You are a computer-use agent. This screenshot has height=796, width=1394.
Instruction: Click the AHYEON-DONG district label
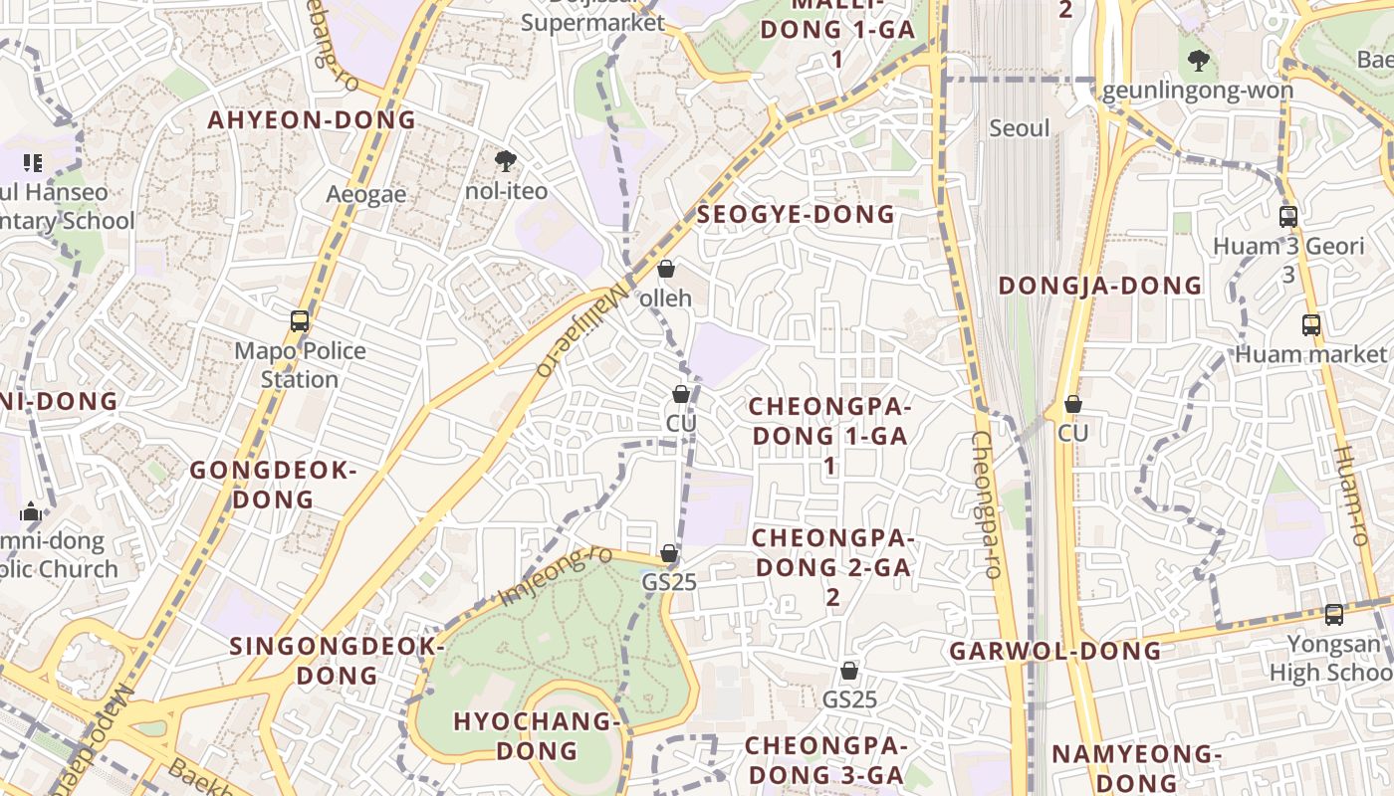[312, 120]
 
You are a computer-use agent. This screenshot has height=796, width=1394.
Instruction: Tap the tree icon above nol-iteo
[506, 160]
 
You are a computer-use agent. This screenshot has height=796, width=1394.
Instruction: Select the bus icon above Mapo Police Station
[300, 321]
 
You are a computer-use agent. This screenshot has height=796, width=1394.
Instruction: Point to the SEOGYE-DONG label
[796, 215]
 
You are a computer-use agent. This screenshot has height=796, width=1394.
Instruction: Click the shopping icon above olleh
[666, 269]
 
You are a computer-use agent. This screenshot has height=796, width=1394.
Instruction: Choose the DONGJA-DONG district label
[1100, 286]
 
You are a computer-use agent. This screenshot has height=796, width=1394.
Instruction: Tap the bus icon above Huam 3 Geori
[1288, 216]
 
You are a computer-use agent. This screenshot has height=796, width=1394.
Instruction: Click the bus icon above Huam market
[1311, 324]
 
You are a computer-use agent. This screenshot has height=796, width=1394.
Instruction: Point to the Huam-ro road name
[1350, 496]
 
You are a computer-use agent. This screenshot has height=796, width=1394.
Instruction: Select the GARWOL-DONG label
[1055, 652]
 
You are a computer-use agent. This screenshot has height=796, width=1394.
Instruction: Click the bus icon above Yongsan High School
[1334, 615]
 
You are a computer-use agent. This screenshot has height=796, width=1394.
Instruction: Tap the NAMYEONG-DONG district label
[1136, 768]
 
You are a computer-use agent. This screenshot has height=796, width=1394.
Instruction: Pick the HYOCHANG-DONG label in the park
[538, 735]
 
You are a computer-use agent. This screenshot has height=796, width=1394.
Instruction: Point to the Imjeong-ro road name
[556, 576]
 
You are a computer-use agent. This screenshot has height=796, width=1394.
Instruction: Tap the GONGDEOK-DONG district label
[273, 485]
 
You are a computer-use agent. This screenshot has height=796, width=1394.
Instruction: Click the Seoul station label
[1020, 128]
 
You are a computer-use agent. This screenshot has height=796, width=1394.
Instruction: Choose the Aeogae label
[366, 194]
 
